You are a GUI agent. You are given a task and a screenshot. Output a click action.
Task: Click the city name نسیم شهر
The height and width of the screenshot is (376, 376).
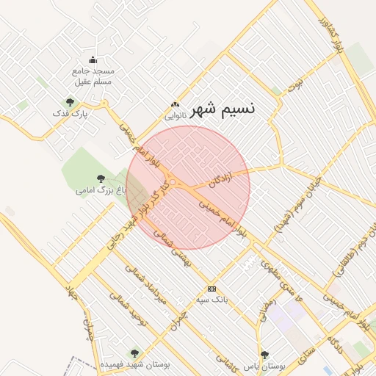click(x=223, y=109)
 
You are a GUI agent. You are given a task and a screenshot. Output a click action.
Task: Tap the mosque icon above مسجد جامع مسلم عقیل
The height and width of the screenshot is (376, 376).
click(x=93, y=60)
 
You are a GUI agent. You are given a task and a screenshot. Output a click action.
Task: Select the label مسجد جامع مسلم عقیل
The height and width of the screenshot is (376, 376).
click(x=93, y=76)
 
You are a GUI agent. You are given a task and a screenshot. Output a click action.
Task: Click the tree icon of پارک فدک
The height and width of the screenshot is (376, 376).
click(x=70, y=103)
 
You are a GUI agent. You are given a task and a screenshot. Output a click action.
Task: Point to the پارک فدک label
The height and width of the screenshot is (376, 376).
click(x=70, y=115)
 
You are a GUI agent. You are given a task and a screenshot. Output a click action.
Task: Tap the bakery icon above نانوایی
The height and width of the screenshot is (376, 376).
click(x=174, y=104)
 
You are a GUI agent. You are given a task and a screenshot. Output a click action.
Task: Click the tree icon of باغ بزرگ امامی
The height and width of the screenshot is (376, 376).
click(x=101, y=178)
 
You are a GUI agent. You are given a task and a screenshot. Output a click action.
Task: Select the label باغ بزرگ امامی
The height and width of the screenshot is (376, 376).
click(x=97, y=190)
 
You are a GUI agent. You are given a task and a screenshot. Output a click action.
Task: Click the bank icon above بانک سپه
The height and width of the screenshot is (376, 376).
click(x=212, y=289)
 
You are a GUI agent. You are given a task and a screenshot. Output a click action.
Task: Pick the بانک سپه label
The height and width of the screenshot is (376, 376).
click(x=212, y=300)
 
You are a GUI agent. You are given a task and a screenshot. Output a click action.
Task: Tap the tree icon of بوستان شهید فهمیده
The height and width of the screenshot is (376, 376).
click(x=133, y=353)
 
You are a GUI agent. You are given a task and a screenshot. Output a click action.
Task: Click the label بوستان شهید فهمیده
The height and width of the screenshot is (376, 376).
click(x=134, y=364)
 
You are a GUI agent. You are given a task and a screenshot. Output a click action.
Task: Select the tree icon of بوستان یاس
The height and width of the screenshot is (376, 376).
click(x=265, y=354)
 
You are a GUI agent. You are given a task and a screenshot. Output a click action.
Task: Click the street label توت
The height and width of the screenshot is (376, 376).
click(x=295, y=84)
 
